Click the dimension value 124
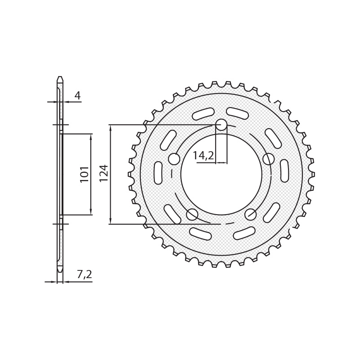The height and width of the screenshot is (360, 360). tap(104, 173)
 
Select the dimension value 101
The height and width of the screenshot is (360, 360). tap(85, 174)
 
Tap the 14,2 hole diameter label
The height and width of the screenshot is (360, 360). tap(203, 156)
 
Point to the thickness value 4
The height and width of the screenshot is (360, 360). tap(78, 95)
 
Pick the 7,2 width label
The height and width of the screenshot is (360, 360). tap(84, 274)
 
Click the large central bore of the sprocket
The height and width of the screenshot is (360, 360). tap(221, 174)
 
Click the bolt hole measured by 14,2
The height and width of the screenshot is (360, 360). tap(221, 125)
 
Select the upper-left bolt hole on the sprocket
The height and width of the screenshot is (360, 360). tap(174, 159)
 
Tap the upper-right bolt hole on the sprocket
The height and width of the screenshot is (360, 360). tap(268, 159)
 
